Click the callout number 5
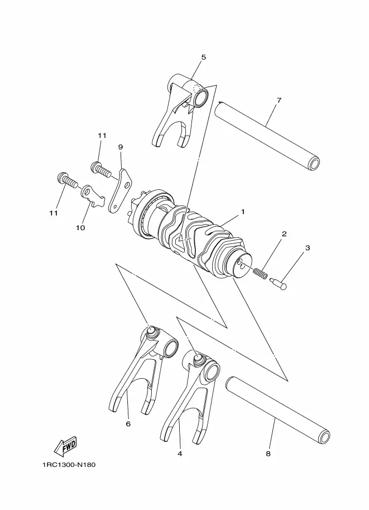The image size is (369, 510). [x=204, y=57]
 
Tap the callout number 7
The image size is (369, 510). [x=279, y=100]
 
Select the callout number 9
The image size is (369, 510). [x=121, y=147]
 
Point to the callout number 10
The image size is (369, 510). [x=80, y=228]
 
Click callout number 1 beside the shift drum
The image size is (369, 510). [x=243, y=212]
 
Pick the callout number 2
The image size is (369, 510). [x=284, y=234]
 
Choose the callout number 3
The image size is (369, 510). [x=308, y=248]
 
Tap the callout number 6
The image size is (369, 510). [x=128, y=424]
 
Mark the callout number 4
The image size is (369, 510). [x=180, y=454]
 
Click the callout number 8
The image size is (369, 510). [x=268, y=454]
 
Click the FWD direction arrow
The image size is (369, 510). [x=65, y=446]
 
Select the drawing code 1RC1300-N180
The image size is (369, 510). [x=69, y=465]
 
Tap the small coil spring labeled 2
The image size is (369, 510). [x=260, y=273]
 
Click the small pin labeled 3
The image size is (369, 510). [x=279, y=283]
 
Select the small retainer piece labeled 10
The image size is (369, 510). [x=92, y=196]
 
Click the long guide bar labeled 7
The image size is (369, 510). [x=267, y=135]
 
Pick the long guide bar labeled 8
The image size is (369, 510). [x=278, y=411]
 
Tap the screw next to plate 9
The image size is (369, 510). [x=100, y=169]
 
